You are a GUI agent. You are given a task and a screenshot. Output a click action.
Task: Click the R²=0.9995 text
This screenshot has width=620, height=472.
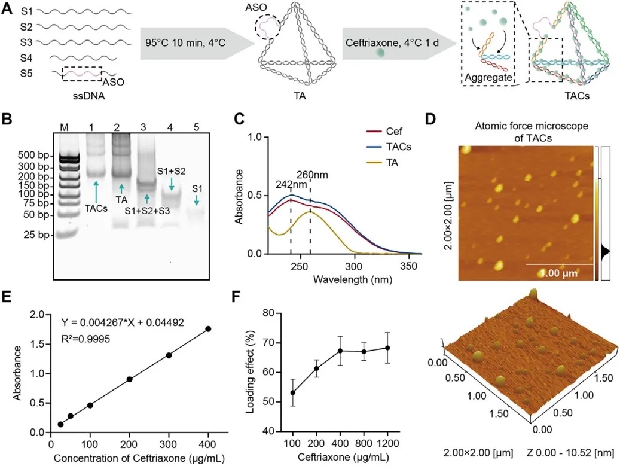(88, 340)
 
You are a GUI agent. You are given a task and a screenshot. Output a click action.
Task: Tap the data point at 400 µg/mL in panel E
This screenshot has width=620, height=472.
(208, 328)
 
